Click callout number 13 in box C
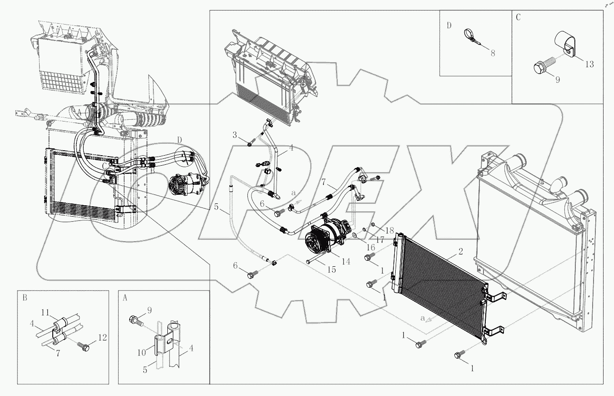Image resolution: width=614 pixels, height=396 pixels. click(589, 64)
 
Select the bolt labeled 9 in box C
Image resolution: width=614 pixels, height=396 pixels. click(540, 68)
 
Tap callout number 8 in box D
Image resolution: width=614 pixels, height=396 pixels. click(493, 52)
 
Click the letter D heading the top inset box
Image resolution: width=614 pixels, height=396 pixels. click(449, 25)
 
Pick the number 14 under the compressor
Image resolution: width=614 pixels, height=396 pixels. click(346, 261)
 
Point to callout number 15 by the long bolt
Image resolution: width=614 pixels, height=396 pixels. click(332, 269)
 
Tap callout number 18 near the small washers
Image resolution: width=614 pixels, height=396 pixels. click(390, 231)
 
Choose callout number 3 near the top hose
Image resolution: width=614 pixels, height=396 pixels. click(235, 135)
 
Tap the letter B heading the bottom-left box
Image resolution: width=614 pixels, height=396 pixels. click(25, 298)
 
